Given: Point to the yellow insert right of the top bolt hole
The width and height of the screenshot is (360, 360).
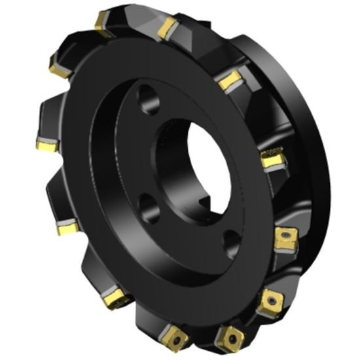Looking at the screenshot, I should click(x=229, y=81).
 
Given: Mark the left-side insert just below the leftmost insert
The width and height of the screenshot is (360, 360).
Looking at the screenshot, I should click(x=67, y=228).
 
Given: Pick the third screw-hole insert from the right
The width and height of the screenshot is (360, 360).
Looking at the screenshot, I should click(x=230, y=336).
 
